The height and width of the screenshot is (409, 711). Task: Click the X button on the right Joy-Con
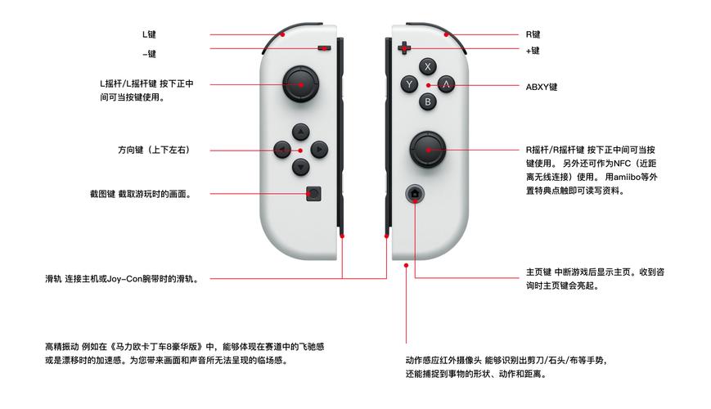tap(427, 66)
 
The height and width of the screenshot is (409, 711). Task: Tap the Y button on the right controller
tap(409, 84)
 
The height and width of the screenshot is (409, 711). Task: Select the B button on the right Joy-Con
tap(427, 102)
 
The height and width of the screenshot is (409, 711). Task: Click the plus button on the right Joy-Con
tap(404, 47)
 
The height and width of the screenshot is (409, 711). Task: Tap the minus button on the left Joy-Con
tap(326, 48)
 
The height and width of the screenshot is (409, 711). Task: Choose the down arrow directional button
tap(300, 168)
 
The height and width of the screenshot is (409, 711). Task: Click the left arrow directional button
tap(281, 150)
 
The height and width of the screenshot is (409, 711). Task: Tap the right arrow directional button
tap(319, 150)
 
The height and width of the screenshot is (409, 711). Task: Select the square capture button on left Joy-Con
tap(315, 194)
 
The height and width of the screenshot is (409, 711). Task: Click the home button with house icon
tap(415, 194)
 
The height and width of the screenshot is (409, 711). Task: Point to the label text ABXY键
tap(542, 86)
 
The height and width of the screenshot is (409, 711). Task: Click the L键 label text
tap(149, 34)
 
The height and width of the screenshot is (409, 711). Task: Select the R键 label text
tap(533, 34)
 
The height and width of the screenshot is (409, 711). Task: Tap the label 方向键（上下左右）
tap(154, 151)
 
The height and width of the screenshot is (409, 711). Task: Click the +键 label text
tap(533, 51)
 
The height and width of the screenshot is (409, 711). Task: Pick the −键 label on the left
tap(149, 54)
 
